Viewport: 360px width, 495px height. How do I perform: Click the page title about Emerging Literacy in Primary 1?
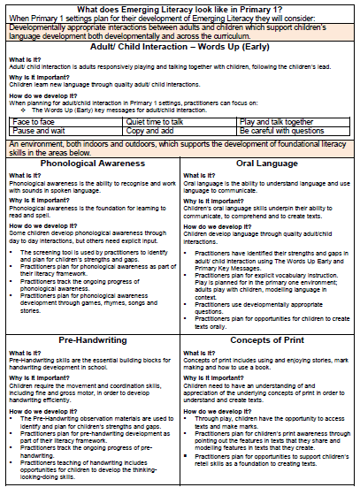click(180, 7)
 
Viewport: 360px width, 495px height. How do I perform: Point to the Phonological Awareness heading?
click(92, 164)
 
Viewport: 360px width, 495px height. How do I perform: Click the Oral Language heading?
click(268, 164)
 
